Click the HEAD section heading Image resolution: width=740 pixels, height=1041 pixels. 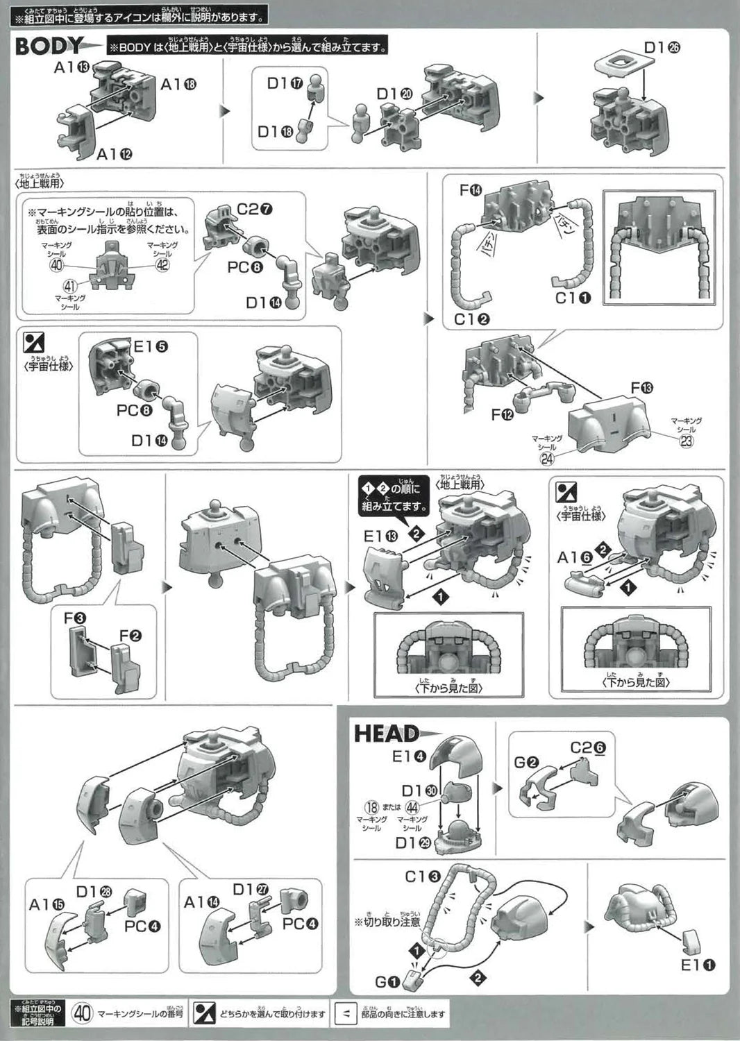387,734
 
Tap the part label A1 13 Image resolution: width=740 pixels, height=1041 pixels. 73,67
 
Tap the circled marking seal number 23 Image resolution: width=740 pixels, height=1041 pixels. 686,441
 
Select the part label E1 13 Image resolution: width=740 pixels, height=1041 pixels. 381,536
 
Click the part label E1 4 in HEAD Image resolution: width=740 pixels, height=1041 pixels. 410,756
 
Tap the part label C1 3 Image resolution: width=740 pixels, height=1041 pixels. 423,877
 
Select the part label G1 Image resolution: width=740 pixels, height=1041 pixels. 387,983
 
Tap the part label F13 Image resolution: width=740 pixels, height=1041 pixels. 642,387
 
